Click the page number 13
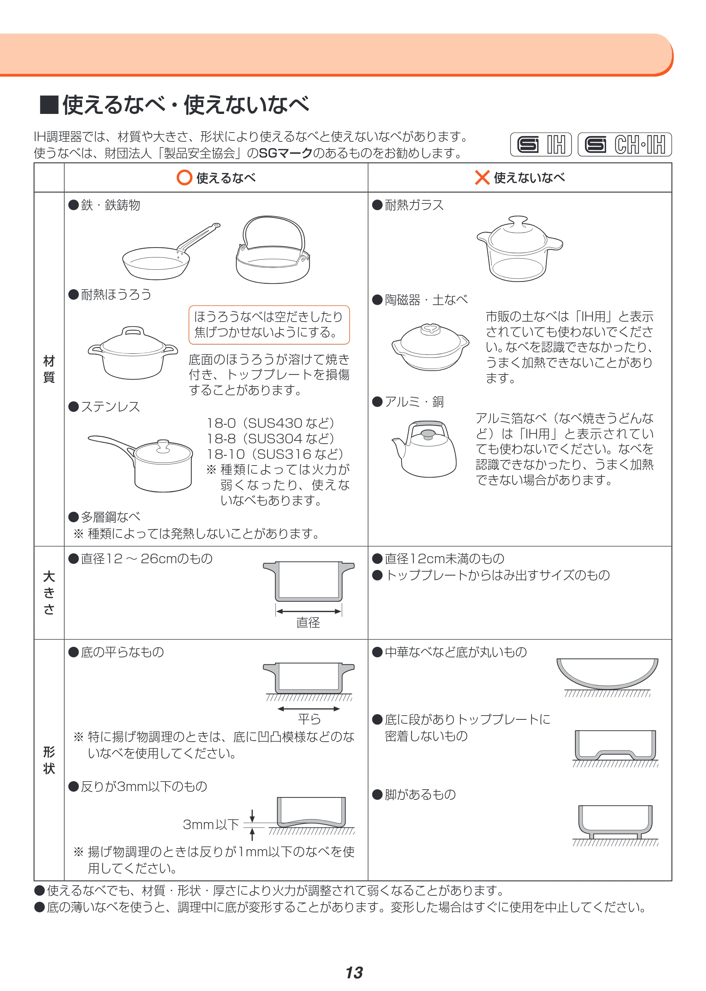pyautogui.click(x=354, y=973)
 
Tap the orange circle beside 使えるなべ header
pyautogui.click(x=184, y=177)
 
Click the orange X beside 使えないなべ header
pyautogui.click(x=482, y=177)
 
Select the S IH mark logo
pyautogui.click(x=541, y=144)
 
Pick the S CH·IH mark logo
pyautogui.click(x=625, y=144)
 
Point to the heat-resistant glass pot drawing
pyautogui.click(x=519, y=249)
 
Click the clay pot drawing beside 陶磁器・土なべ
pyautogui.click(x=430, y=347)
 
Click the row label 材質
pyautogui.click(x=49, y=369)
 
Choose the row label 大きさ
pyautogui.click(x=49, y=592)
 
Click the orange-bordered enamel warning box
pyautogui.click(x=269, y=324)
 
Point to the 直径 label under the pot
pyautogui.click(x=308, y=622)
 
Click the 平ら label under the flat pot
pyautogui.click(x=309, y=719)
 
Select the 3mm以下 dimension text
pyautogui.click(x=211, y=824)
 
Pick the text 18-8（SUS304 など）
pyautogui.click(x=270, y=438)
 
